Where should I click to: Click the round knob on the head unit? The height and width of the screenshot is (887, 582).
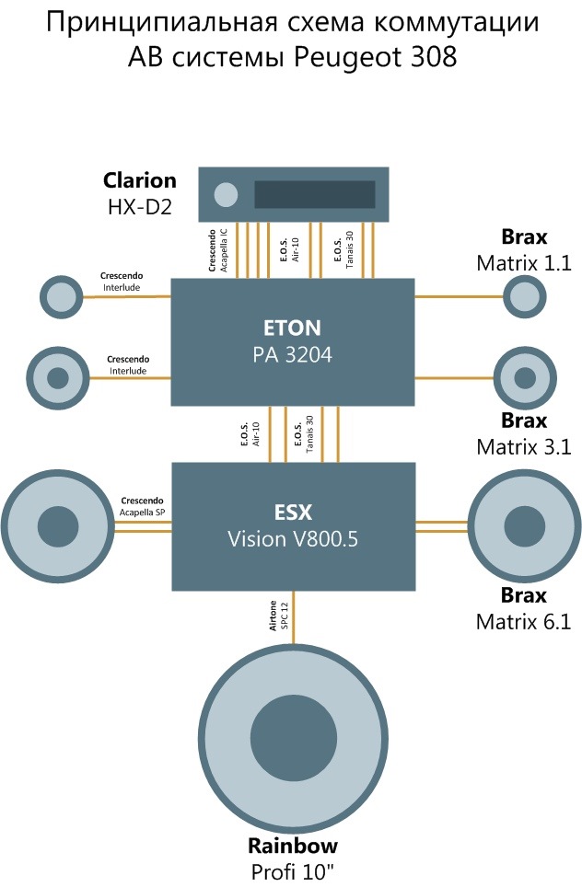coord(225,194)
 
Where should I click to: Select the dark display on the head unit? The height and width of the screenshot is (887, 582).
coord(315,194)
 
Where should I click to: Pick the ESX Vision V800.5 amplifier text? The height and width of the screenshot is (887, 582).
coord(293,525)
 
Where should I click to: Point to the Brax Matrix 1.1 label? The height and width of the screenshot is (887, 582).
coord(524,249)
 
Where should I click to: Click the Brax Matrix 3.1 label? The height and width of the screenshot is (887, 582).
coord(524,434)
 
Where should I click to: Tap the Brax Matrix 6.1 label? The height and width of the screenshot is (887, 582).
coord(524,608)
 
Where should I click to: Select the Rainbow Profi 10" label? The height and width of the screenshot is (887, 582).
coord(293,857)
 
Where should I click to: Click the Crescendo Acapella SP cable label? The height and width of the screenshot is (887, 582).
coord(142,506)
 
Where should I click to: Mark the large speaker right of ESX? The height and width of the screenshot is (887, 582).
coord(526,527)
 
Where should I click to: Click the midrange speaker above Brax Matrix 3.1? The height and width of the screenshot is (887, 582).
coord(526,377)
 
